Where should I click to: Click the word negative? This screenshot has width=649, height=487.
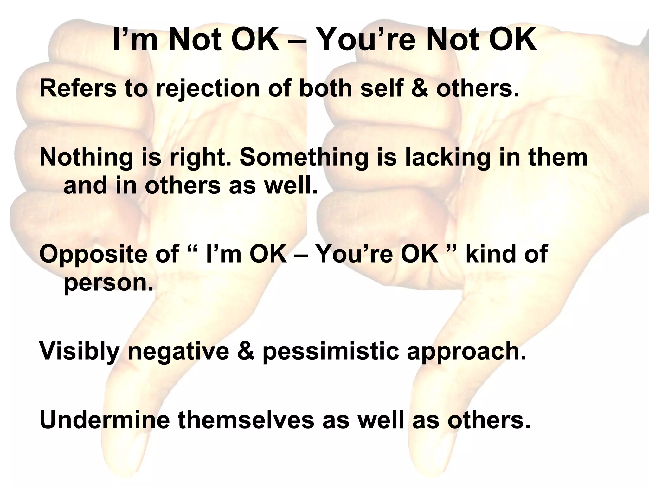(x=178, y=352)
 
